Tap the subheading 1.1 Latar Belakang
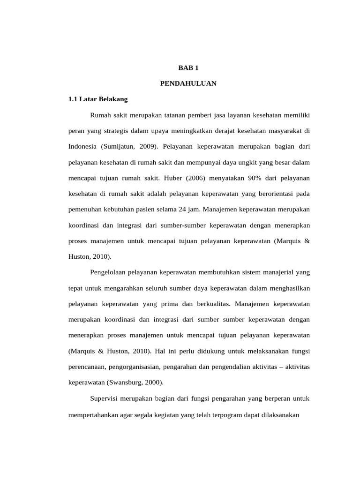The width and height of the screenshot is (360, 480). click(98, 99)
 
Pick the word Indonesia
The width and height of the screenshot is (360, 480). click(82, 146)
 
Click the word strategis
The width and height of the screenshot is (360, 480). click(115, 131)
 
